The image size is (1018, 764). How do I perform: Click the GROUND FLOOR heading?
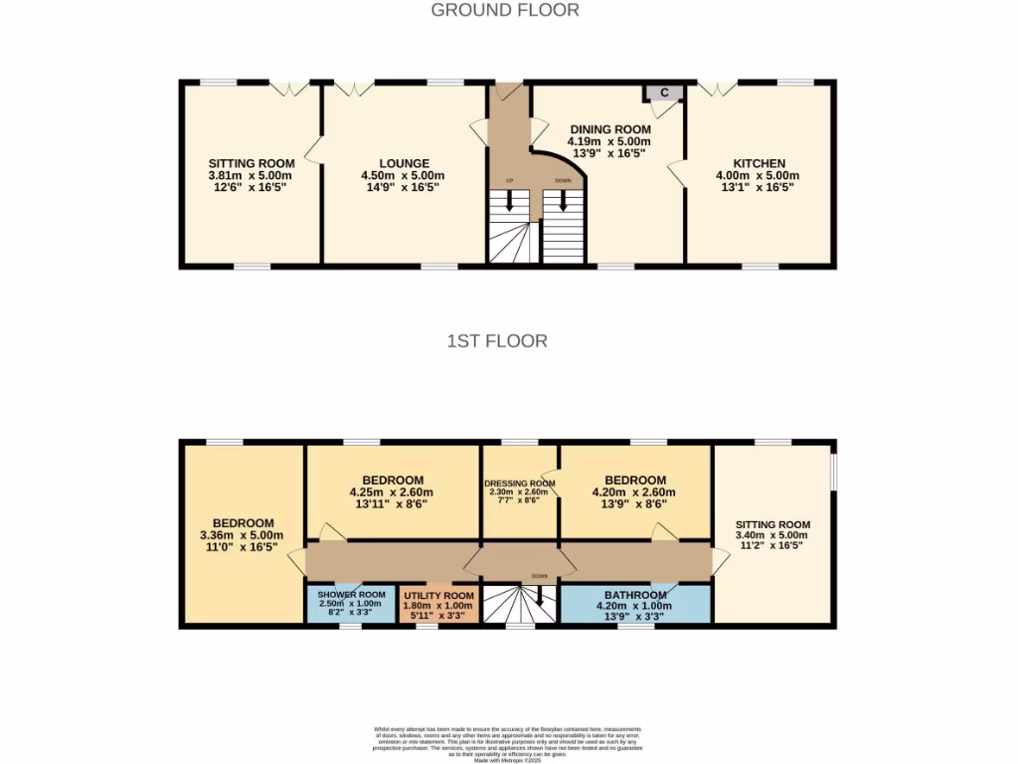click(x=505, y=10)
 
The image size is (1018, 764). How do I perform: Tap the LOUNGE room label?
click(x=404, y=164)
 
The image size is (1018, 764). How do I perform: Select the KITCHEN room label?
click(x=759, y=164)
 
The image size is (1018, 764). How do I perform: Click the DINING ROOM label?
click(x=610, y=129)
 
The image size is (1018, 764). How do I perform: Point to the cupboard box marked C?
click(x=664, y=93)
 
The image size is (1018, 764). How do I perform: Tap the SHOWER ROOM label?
click(x=351, y=594)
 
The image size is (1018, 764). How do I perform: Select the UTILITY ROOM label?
click(x=437, y=594)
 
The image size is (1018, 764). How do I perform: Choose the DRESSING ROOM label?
click(x=518, y=484)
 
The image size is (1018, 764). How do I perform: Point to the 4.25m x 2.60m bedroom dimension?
click(x=392, y=491)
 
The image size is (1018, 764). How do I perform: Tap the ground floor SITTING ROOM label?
click(x=251, y=164)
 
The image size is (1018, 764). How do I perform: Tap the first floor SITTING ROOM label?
click(x=772, y=524)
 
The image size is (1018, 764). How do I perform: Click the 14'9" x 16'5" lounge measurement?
click(x=404, y=187)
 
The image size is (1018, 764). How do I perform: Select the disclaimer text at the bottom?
click(x=508, y=744)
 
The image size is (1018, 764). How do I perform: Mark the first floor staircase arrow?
click(x=539, y=596)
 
